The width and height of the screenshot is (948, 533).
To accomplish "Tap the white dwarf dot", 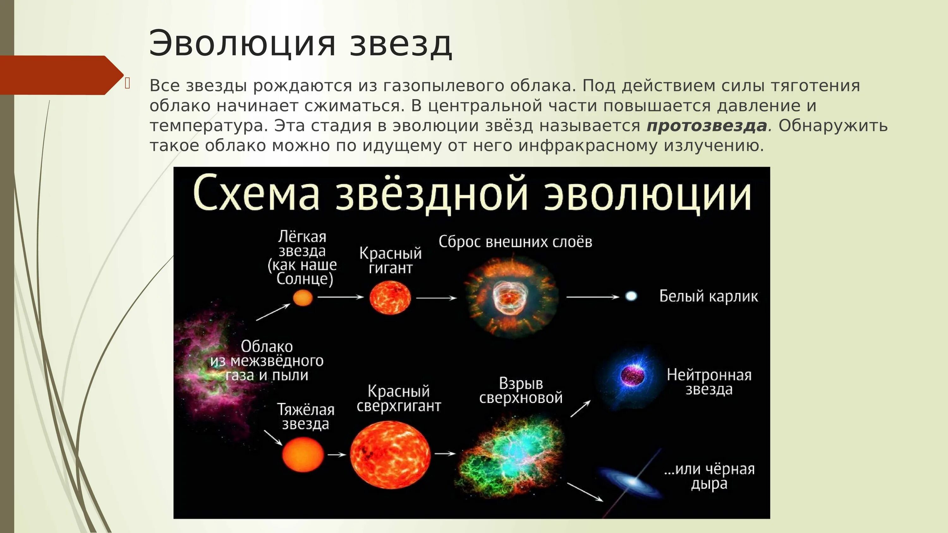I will tap(631, 296).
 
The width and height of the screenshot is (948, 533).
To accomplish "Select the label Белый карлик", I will tap(708, 296).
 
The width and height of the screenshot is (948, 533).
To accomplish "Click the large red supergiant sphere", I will tap(390, 455).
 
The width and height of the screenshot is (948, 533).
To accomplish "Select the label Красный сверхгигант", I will tap(398, 399).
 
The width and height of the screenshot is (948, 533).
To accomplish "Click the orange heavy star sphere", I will tap(303, 455).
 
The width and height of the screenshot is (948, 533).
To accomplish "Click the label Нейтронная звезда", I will tap(709, 382).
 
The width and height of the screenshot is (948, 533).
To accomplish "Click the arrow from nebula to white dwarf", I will tap(592, 297).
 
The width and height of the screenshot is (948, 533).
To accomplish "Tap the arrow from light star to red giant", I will tap(340, 297).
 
